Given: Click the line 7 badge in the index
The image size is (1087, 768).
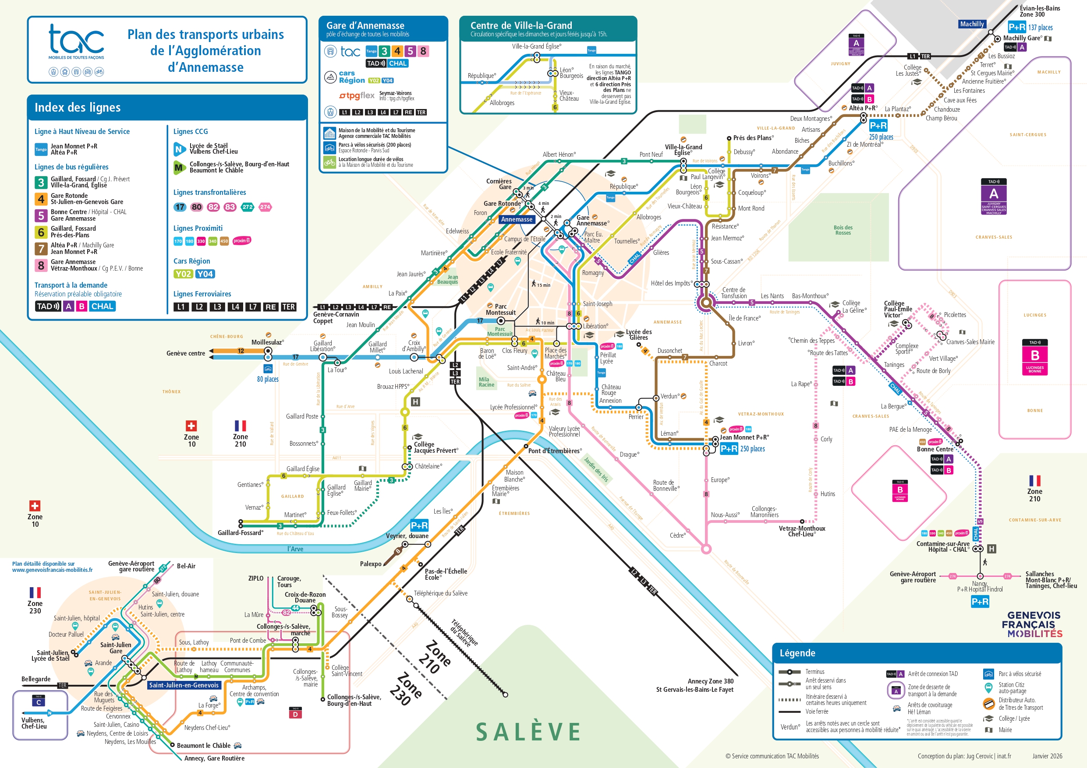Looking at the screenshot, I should [x=41, y=248].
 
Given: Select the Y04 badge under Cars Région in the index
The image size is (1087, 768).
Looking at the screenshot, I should [x=205, y=274].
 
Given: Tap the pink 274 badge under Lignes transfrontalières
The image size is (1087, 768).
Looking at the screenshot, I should [x=265, y=207].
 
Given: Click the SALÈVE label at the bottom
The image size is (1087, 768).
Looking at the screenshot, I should [x=528, y=732].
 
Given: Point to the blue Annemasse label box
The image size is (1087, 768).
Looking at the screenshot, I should [x=517, y=219].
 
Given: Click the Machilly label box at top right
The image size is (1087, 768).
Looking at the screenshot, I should [x=971, y=24].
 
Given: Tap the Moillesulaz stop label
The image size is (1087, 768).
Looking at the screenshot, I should [x=268, y=342].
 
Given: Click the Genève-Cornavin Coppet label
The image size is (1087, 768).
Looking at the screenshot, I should [x=336, y=317].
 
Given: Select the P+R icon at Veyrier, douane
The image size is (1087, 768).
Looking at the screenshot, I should [x=419, y=525].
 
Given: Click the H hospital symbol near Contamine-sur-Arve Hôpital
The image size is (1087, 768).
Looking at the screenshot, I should [x=991, y=549].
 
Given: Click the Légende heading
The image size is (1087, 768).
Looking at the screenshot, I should [x=797, y=653].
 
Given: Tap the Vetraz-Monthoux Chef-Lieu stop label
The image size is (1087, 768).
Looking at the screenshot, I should [x=801, y=531].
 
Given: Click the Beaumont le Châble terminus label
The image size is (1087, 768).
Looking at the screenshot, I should [x=203, y=745].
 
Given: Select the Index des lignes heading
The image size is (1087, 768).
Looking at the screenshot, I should [x=78, y=107].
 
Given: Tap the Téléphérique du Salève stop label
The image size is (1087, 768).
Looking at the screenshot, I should [x=440, y=593].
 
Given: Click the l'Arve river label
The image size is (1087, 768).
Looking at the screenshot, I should [x=295, y=549].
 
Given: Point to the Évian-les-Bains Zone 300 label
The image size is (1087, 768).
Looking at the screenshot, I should [x=1039, y=11].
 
